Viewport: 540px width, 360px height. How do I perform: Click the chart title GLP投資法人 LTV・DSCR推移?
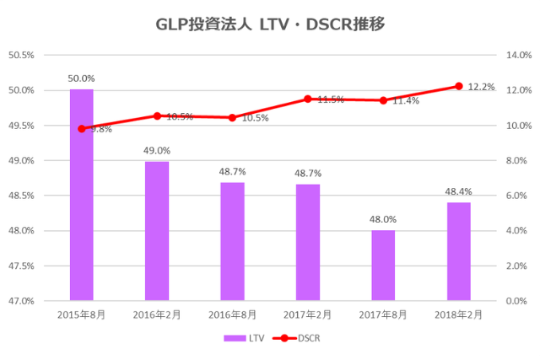coord(270,24)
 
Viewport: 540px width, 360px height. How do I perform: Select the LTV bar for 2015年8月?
coord(82,194)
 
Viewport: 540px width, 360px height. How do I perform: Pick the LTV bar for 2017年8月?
coord(383,265)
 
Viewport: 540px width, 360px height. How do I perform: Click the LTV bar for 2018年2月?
coord(458,250)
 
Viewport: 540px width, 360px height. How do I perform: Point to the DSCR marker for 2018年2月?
coord(459,86)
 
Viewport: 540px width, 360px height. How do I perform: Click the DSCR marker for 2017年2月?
coord(308,99)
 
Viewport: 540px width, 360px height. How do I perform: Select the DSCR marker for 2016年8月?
coord(233,117)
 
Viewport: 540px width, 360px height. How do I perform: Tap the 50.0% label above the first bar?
coord(82,78)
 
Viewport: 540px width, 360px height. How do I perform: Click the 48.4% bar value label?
coord(458,191)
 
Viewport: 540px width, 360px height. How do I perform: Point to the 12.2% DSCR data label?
coord(482,87)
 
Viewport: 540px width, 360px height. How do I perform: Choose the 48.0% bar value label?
coord(383,219)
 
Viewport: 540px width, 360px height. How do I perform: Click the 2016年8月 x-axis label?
coord(233,314)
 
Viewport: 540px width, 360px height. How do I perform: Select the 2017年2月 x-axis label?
coord(308,314)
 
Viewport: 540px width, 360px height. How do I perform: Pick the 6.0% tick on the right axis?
coord(516,196)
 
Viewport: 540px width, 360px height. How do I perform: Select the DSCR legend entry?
coord(297,338)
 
